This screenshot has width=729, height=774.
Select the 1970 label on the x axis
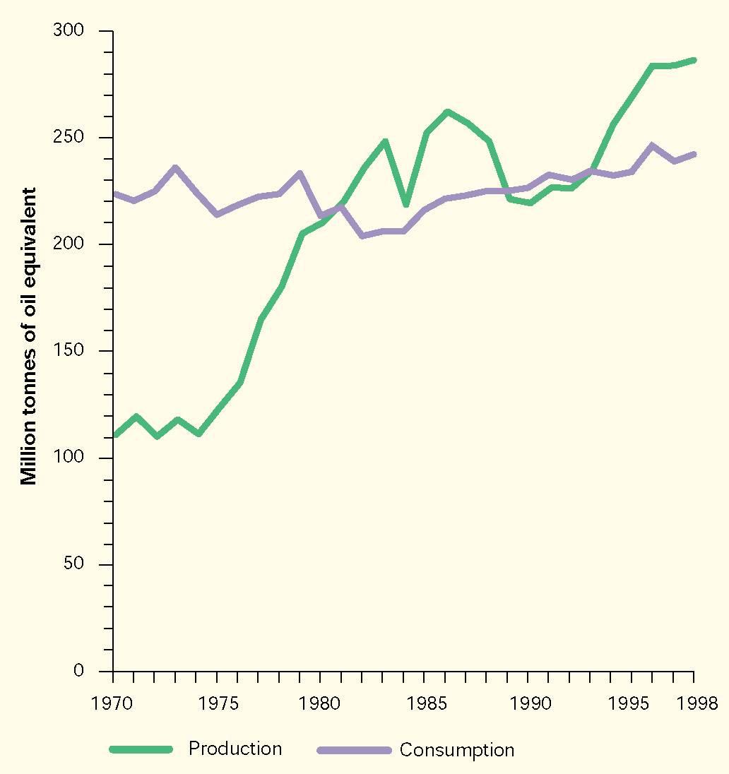coord(113,704)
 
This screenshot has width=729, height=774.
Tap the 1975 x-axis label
coord(217,704)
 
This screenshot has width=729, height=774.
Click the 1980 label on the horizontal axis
coord(320,704)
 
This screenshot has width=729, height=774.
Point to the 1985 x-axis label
coord(424,704)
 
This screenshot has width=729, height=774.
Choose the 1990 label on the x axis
coord(528,704)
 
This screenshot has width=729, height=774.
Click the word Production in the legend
coord(235,749)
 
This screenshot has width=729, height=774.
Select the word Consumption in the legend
coord(456,749)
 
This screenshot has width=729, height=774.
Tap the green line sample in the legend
coord(141,749)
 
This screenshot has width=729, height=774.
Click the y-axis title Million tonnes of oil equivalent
coord(28,335)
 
